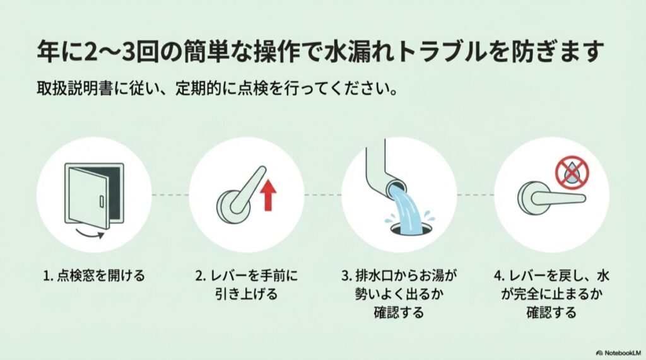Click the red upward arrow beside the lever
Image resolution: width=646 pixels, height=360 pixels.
coord(267,194)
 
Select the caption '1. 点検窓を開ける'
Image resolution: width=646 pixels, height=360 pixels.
coord(93,275)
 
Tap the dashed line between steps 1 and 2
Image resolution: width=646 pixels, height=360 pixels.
coord(170,195)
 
